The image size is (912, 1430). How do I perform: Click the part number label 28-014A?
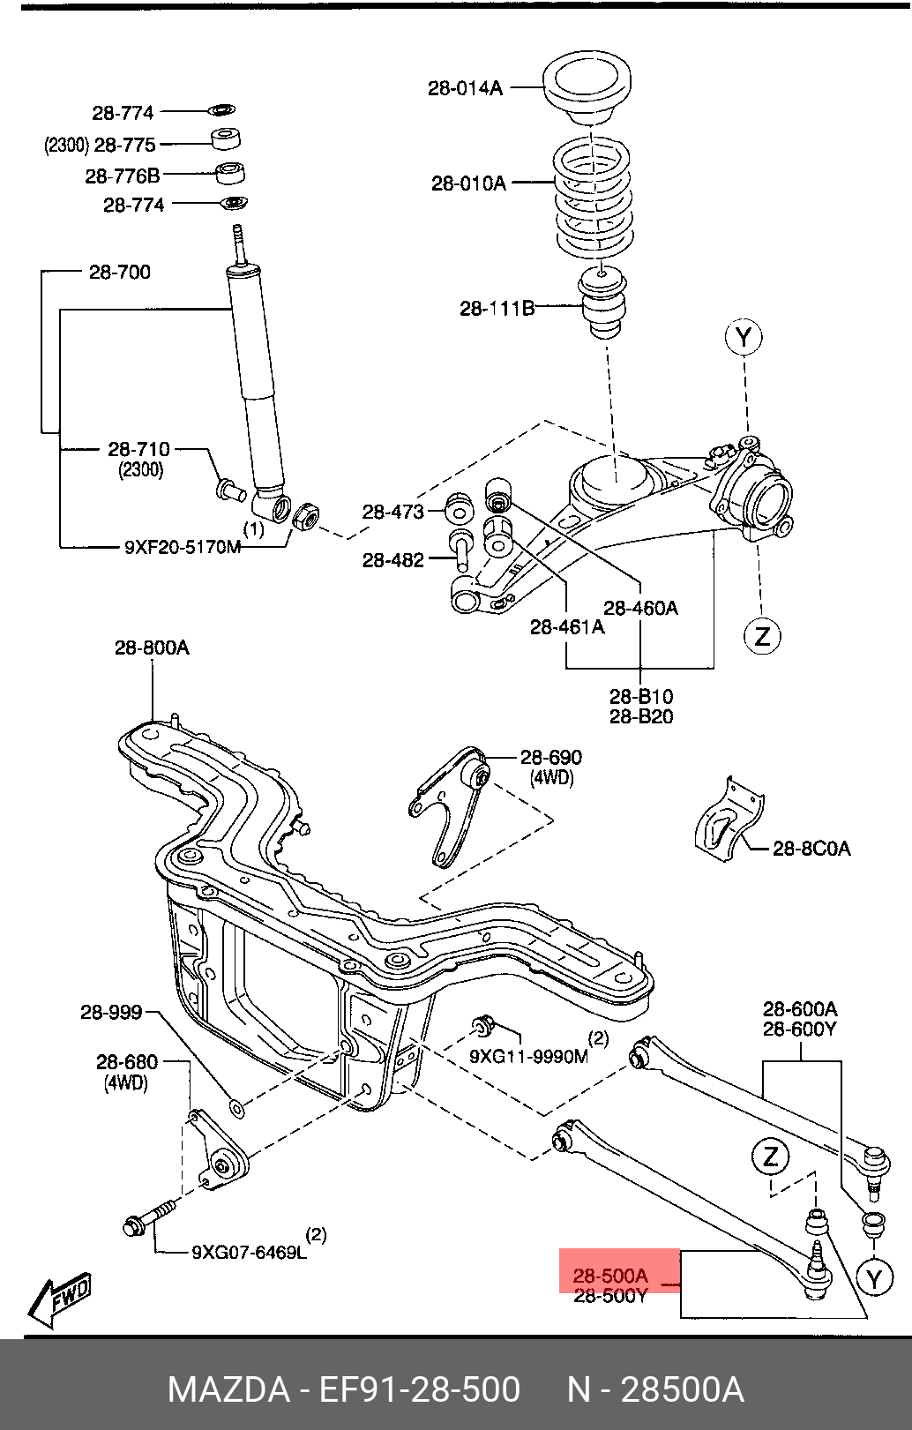point(465,88)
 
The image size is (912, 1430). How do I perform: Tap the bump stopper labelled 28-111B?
point(602,303)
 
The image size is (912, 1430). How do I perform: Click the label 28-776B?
point(123,176)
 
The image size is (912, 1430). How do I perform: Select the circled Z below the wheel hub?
point(762,636)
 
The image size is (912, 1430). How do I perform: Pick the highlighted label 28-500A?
point(610,1276)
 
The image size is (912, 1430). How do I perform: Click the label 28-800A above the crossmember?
point(152,648)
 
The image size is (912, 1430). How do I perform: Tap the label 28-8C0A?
point(811,849)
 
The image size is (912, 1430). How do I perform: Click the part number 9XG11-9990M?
point(529,1057)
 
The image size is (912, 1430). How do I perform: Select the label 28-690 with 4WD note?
point(551,767)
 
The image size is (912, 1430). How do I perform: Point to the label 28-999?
point(112,1012)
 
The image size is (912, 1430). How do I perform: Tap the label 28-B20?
point(641,716)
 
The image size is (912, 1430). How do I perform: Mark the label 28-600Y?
point(800,1029)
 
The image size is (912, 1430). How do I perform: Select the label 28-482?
point(393,560)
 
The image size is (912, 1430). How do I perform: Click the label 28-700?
point(120,272)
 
